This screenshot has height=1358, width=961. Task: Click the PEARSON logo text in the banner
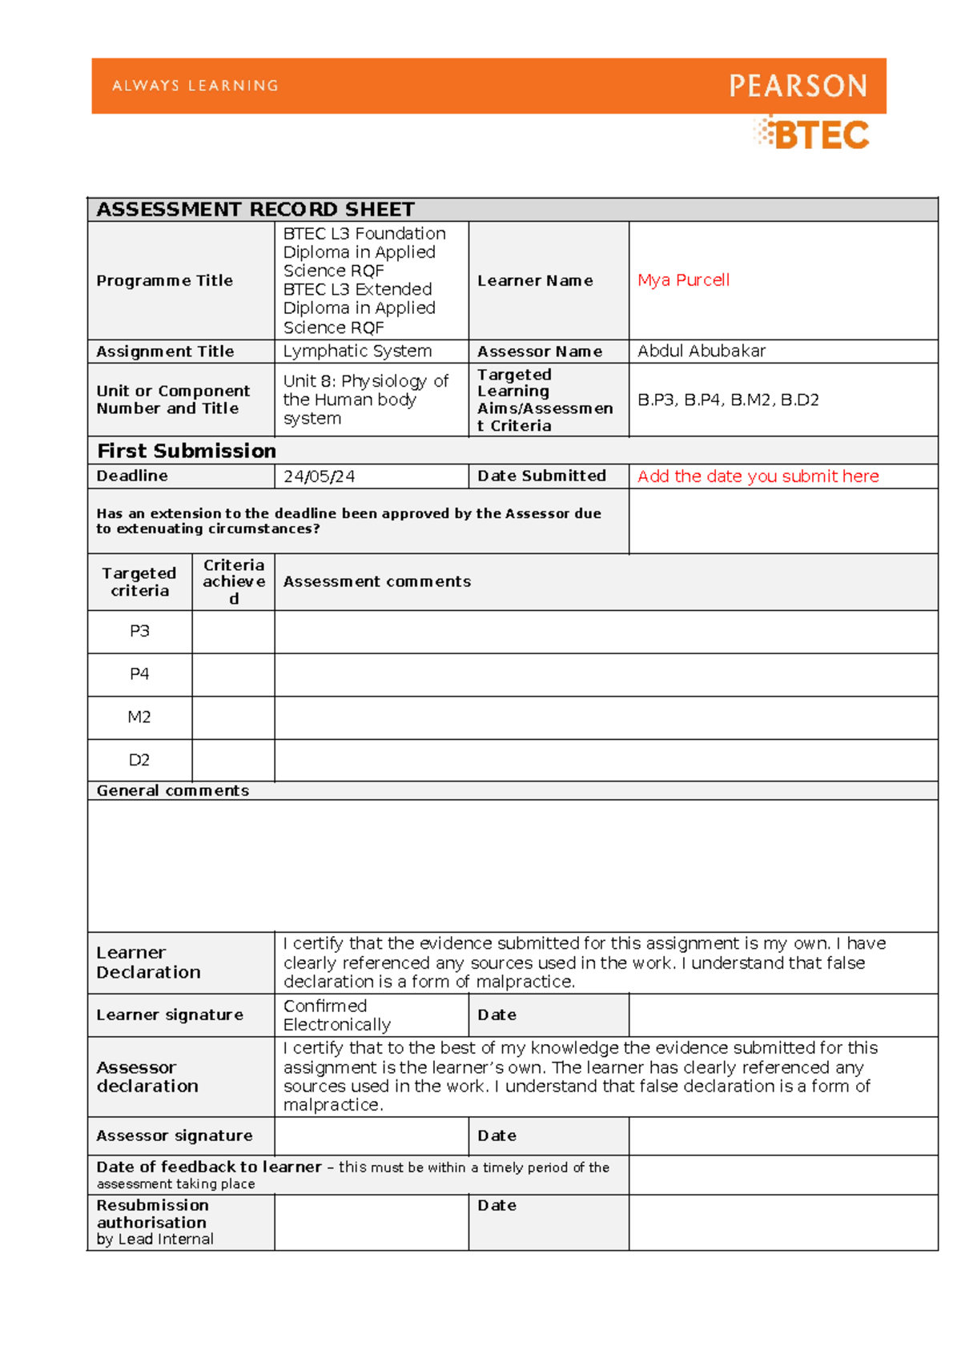coord(798,86)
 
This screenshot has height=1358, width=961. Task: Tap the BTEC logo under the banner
coord(812,135)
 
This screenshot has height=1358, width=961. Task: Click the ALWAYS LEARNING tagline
coord(195,86)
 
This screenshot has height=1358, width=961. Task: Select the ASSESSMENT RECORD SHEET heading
coord(255,210)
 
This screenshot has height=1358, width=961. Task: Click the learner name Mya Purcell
coord(683,280)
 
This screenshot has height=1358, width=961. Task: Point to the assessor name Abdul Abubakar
coord(701,351)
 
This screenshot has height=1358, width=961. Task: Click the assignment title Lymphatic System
coord(357,351)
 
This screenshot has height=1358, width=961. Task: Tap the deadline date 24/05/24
coord(319,476)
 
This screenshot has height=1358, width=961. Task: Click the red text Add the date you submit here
coord(758,476)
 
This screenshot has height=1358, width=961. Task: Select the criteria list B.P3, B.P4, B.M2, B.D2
coord(728,400)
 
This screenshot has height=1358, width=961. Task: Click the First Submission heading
coord(187,451)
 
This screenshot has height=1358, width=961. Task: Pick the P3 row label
coord(139,631)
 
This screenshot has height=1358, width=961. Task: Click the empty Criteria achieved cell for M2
coord(233,717)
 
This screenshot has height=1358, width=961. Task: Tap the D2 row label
coord(139,760)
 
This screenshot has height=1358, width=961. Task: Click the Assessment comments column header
coord(376,581)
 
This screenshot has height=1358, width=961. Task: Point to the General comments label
coord(172,790)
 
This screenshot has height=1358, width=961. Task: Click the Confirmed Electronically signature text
coord(336,1014)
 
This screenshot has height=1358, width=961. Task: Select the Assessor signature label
coord(174,1135)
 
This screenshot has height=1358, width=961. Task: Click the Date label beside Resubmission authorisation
coord(497,1205)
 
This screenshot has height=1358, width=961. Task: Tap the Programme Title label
coord(164,280)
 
